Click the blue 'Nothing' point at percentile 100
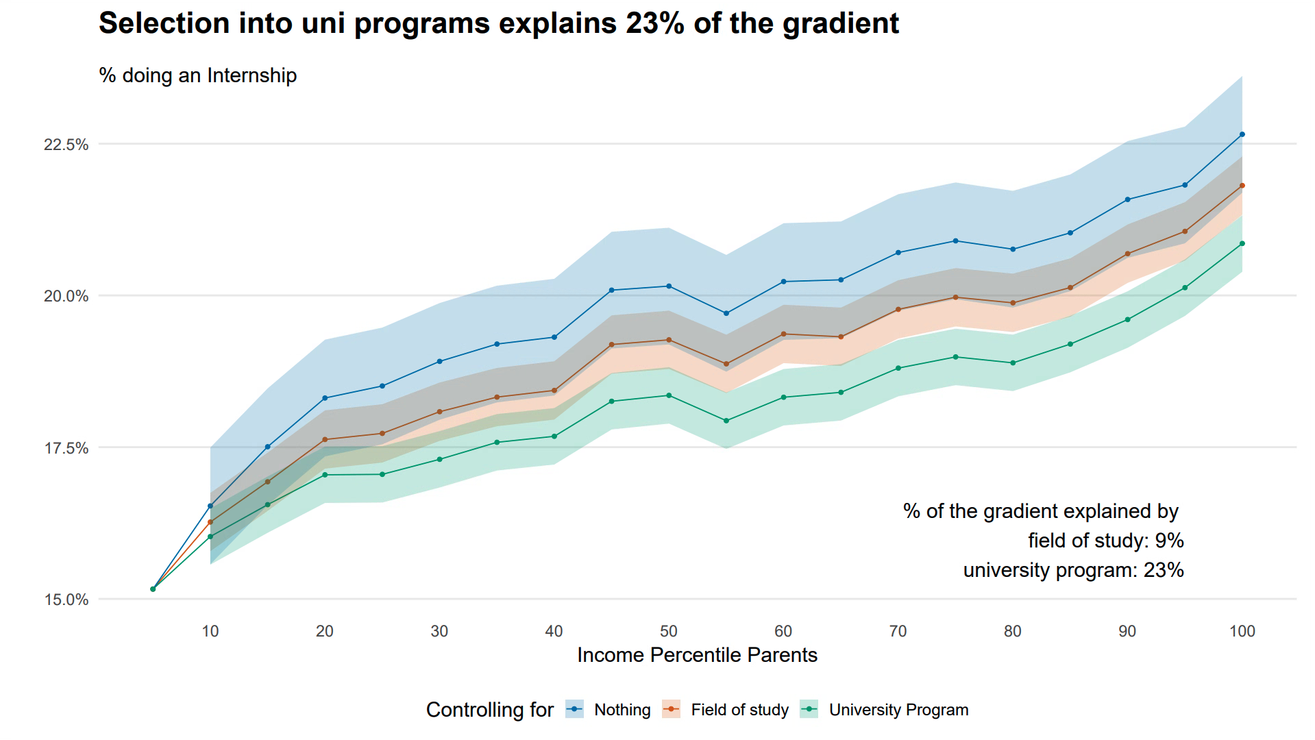point(1242,135)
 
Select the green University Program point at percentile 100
point(1242,244)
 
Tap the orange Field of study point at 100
point(1242,186)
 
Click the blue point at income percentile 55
point(726,313)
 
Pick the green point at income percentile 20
point(325,475)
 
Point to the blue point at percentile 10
point(210,506)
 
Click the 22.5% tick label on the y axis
point(66,145)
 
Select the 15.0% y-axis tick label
point(66,600)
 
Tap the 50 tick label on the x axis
point(669,631)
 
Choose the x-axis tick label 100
point(1242,631)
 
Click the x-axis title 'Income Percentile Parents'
point(697,655)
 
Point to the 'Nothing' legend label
point(622,710)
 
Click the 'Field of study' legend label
point(739,710)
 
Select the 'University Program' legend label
point(898,710)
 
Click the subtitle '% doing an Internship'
point(197,75)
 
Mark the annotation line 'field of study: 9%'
point(1105,541)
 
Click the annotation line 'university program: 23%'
point(1073,570)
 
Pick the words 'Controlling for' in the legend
point(489,710)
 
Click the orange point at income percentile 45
point(611,345)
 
